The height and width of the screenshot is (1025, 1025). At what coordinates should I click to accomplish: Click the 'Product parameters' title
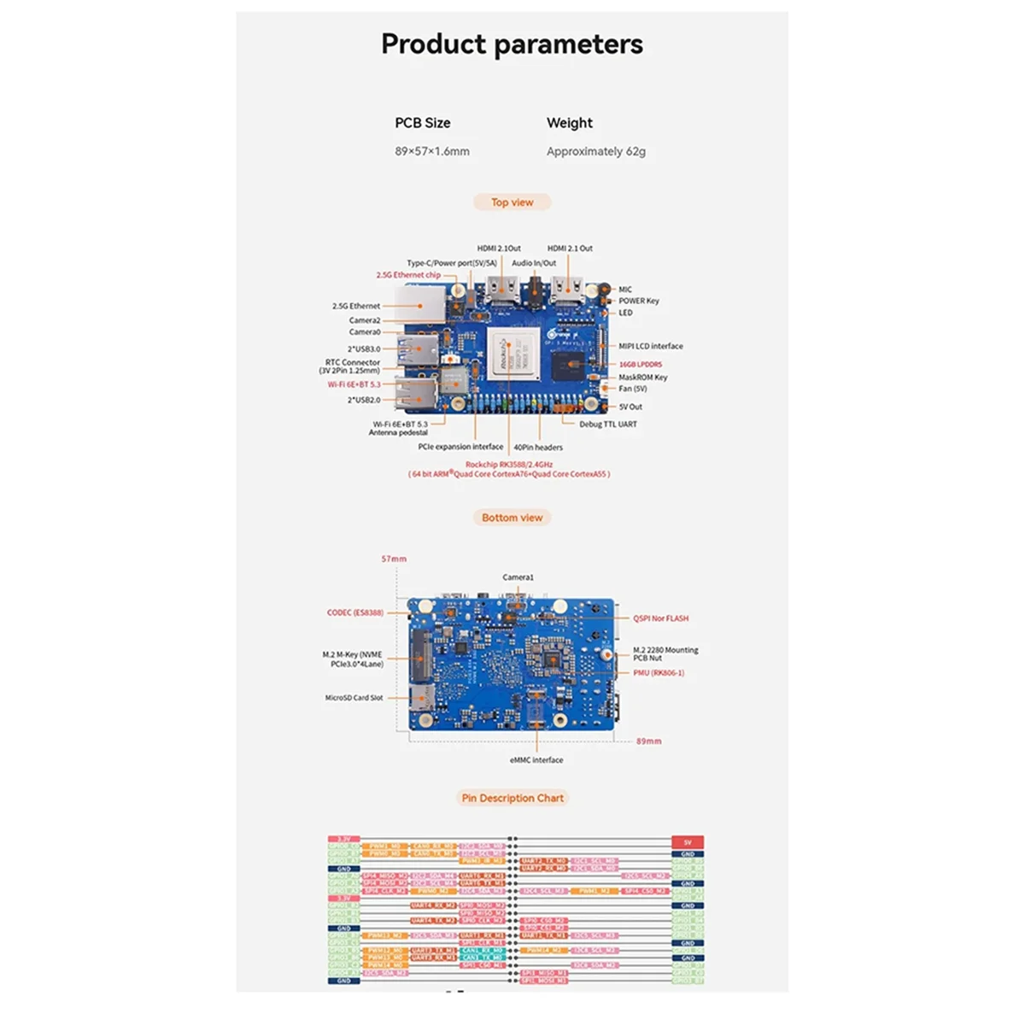512,44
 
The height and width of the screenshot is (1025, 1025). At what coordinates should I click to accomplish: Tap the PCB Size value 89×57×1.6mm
432,151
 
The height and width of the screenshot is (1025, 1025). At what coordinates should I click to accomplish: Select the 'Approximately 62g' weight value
596,151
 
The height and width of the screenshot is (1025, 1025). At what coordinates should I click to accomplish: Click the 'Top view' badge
512,202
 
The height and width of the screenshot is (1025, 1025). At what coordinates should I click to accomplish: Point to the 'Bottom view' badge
512,518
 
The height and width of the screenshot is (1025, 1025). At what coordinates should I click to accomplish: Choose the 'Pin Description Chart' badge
512,798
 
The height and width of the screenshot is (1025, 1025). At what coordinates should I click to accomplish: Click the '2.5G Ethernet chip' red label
408,275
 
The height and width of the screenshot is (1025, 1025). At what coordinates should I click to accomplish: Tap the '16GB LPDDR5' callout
640,364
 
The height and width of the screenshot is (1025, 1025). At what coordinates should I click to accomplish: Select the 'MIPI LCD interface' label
651,346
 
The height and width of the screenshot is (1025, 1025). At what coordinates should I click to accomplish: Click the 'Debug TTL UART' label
607,424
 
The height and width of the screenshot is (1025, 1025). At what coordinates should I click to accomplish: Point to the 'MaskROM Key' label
643,377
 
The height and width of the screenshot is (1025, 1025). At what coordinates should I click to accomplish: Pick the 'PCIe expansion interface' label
460,447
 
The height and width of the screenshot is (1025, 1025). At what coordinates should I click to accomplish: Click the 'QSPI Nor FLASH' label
660,618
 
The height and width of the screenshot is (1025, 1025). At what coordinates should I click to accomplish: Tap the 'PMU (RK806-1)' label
658,673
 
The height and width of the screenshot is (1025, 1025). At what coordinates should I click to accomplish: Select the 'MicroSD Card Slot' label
354,698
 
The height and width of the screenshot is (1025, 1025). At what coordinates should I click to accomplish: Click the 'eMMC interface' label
536,759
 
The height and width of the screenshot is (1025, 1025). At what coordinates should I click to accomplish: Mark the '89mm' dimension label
648,741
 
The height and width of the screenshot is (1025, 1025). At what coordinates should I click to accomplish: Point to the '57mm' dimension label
394,559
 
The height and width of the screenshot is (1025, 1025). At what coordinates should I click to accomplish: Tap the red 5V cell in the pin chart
688,842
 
